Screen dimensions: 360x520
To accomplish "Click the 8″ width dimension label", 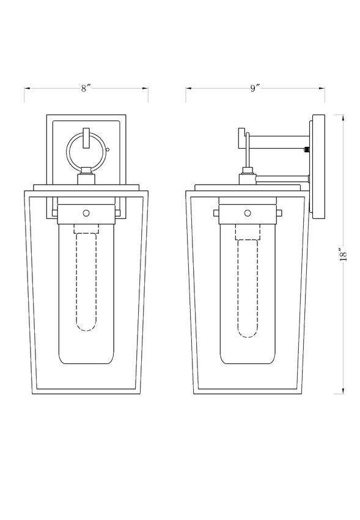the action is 86,88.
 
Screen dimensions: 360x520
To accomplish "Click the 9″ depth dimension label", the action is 255,88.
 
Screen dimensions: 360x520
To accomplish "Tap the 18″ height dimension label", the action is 343,254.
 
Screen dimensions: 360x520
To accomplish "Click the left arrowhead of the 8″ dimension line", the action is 27,88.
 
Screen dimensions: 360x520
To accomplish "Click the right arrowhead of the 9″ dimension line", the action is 321,88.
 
